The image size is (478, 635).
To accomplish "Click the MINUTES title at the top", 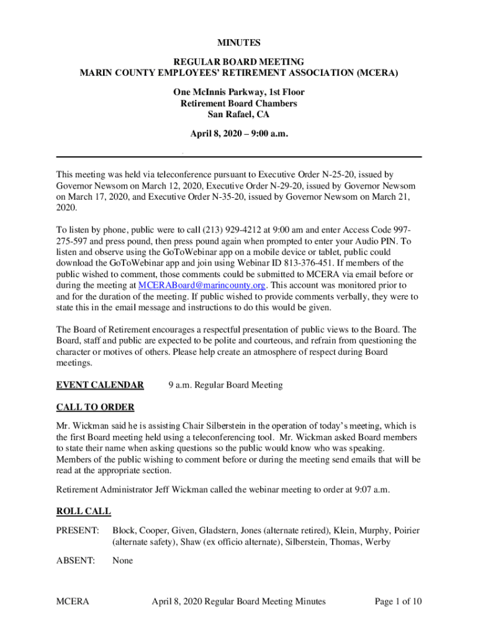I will pyautogui.click(x=239, y=43).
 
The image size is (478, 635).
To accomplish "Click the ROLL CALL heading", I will pyautogui.click(x=84, y=512).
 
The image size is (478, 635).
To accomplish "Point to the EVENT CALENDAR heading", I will pyautogui.click(x=100, y=385).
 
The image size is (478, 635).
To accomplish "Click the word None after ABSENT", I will pyautogui.click(x=122, y=561).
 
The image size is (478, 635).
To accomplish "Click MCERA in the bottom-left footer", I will pyautogui.click(x=73, y=601).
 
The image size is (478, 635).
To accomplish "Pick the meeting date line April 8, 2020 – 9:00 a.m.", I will pyautogui.click(x=239, y=133).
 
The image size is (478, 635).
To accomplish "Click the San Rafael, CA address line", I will pyautogui.click(x=239, y=114).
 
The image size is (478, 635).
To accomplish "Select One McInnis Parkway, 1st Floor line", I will pyautogui.click(x=239, y=92).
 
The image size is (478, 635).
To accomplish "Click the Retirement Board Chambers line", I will pyautogui.click(x=239, y=104).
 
